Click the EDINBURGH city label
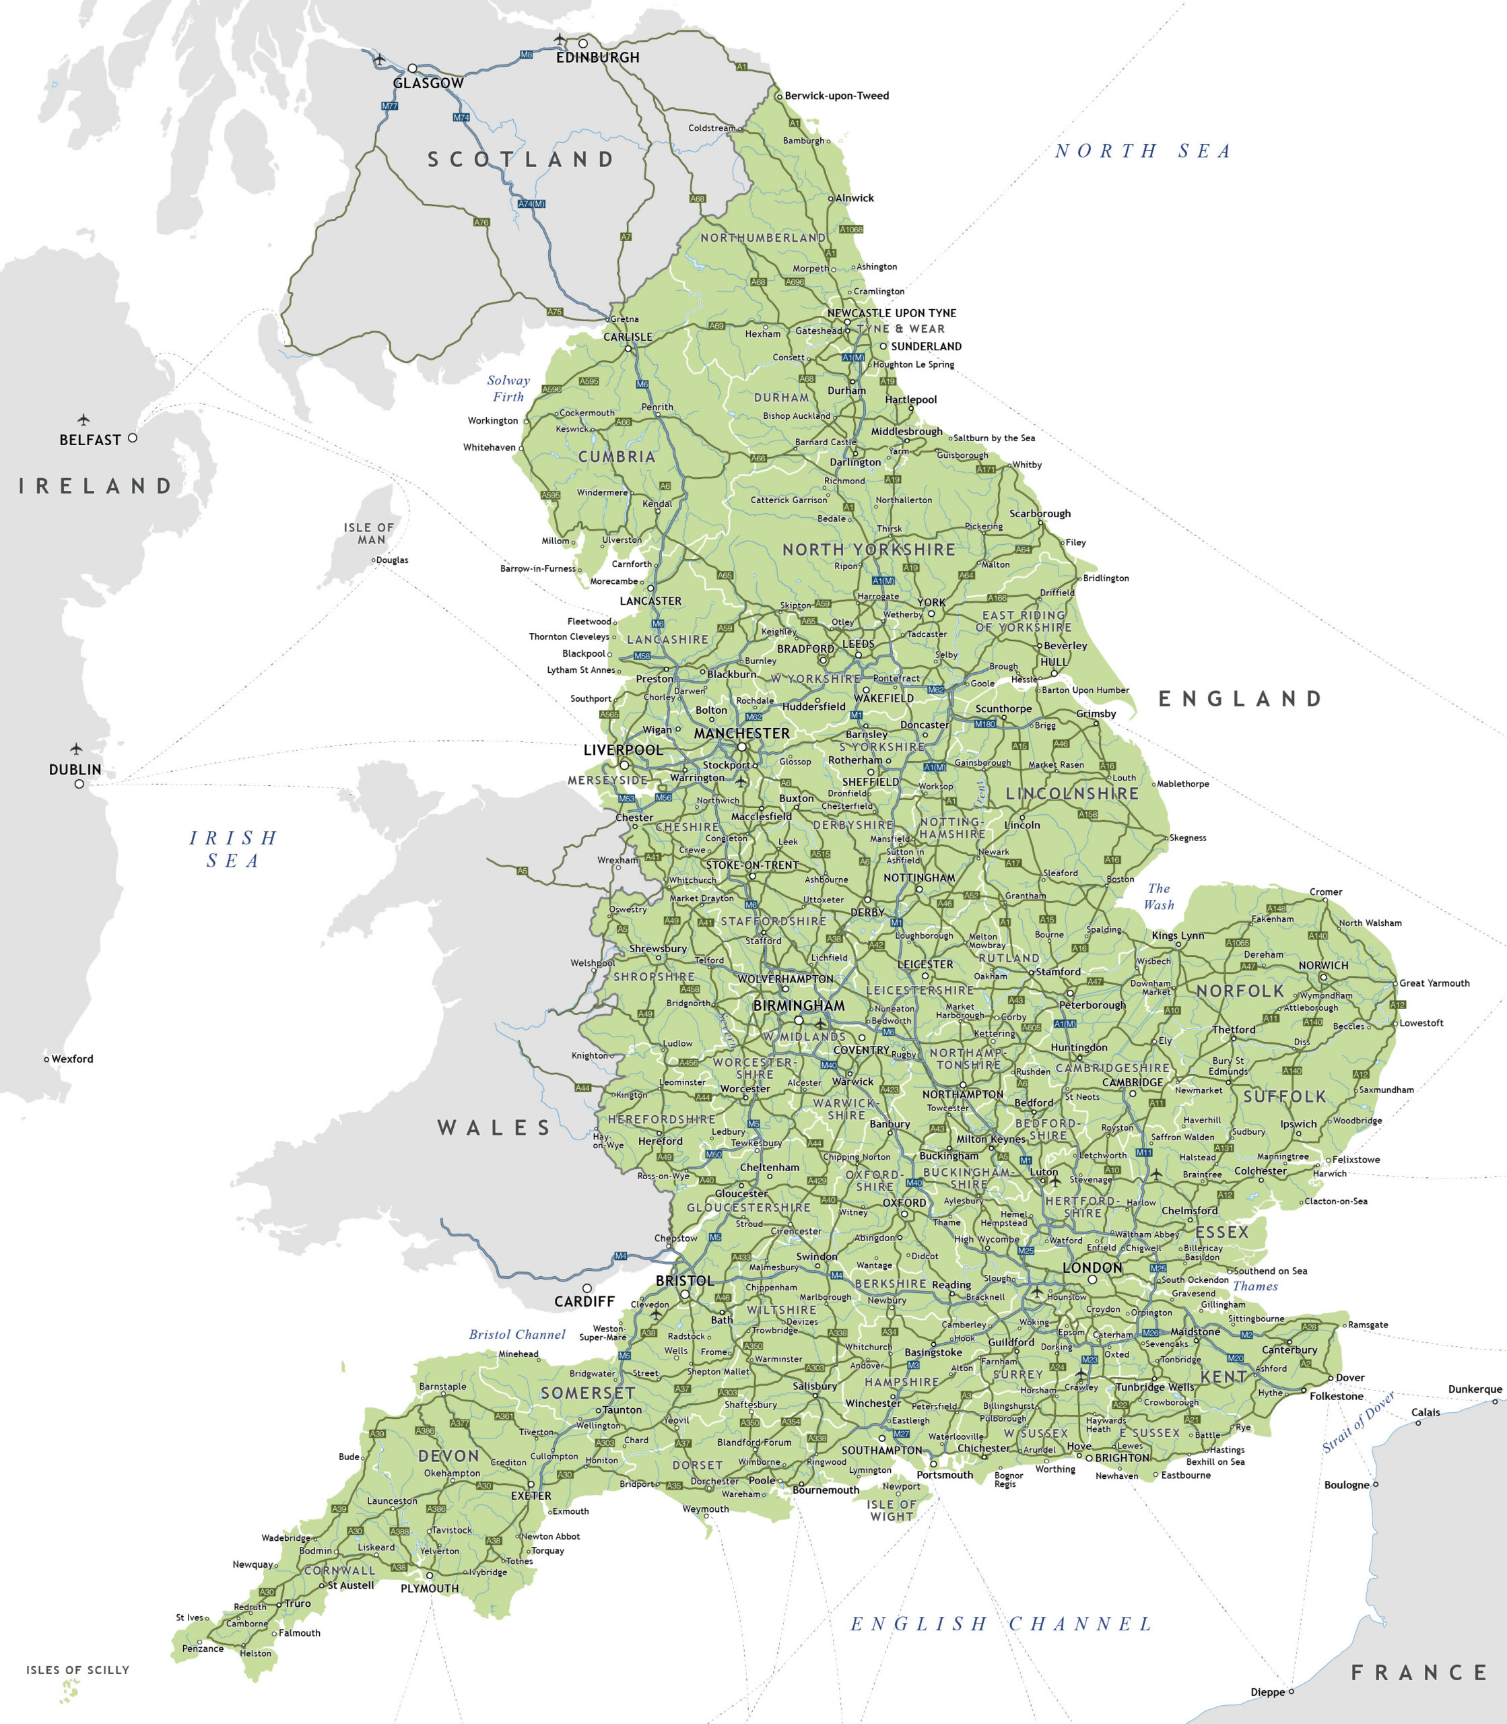[597, 57]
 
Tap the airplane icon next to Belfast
[83, 420]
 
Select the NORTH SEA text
[1143, 152]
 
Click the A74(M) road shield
[531, 203]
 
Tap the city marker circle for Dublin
[79, 784]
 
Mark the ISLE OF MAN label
[368, 534]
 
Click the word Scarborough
[1040, 513]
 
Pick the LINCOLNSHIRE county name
[1072, 794]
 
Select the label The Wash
[1159, 896]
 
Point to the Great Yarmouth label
[1435, 983]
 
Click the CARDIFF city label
[584, 1301]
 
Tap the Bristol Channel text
[517, 1335]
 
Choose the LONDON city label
[1092, 1267]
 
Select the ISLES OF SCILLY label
[78, 1669]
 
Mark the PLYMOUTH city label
[430, 1589]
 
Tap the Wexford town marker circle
[46, 1059]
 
